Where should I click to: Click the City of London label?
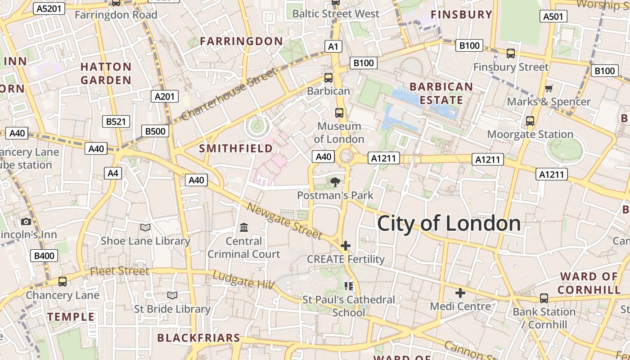click(449, 224)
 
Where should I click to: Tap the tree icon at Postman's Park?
click(335, 182)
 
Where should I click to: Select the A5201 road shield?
click(49, 9)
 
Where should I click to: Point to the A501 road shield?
click(553, 17)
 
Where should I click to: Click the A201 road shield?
click(164, 96)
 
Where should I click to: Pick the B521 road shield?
click(116, 121)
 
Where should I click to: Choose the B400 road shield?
click(44, 256)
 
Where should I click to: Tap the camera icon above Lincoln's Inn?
click(26, 221)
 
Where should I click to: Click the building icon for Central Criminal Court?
click(244, 228)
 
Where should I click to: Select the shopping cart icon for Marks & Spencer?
click(549, 88)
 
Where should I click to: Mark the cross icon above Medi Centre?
click(460, 293)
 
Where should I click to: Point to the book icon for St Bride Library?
click(172, 296)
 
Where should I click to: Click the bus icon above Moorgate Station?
click(530, 121)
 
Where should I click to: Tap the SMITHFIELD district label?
click(236, 148)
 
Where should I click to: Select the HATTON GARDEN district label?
click(106, 74)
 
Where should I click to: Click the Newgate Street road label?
click(284, 221)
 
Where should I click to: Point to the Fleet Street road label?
click(119, 271)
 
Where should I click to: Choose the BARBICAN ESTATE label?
click(441, 93)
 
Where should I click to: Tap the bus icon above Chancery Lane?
click(62, 282)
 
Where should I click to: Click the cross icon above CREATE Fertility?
click(346, 246)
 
